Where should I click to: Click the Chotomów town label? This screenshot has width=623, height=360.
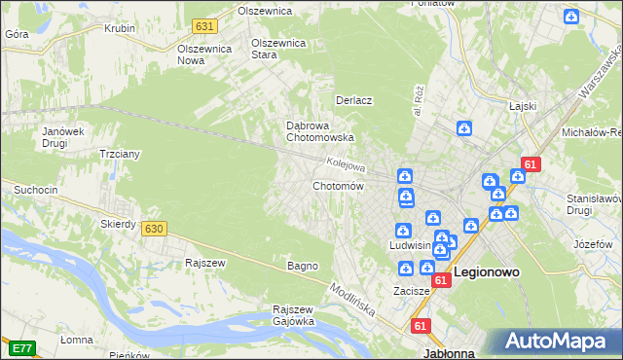(338, 186)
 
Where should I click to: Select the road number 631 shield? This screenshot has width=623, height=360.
(203, 26)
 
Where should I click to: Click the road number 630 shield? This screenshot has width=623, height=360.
(153, 229)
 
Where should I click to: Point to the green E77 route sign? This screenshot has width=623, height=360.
(20, 346)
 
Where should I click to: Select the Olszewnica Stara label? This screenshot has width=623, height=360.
(279, 49)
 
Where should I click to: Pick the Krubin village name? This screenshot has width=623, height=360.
(119, 28)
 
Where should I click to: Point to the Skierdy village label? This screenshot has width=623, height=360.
(118, 224)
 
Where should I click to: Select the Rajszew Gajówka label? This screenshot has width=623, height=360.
(293, 315)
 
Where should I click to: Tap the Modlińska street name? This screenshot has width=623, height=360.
(352, 302)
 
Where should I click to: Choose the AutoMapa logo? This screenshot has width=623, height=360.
(557, 342)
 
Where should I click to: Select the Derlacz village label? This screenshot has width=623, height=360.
(355, 100)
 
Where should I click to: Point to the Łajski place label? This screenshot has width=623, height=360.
(524, 107)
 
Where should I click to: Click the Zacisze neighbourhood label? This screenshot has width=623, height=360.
(412, 291)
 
